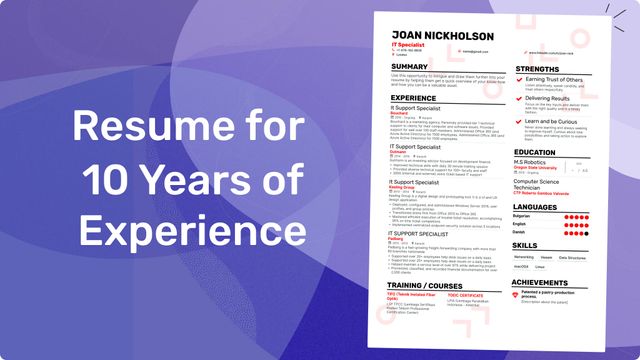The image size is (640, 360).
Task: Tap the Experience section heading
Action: (x=414, y=98)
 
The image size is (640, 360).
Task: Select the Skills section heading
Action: (x=525, y=245)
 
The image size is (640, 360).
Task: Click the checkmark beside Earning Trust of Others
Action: (x=518, y=81)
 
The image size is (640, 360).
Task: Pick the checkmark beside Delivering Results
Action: (x=518, y=99)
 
